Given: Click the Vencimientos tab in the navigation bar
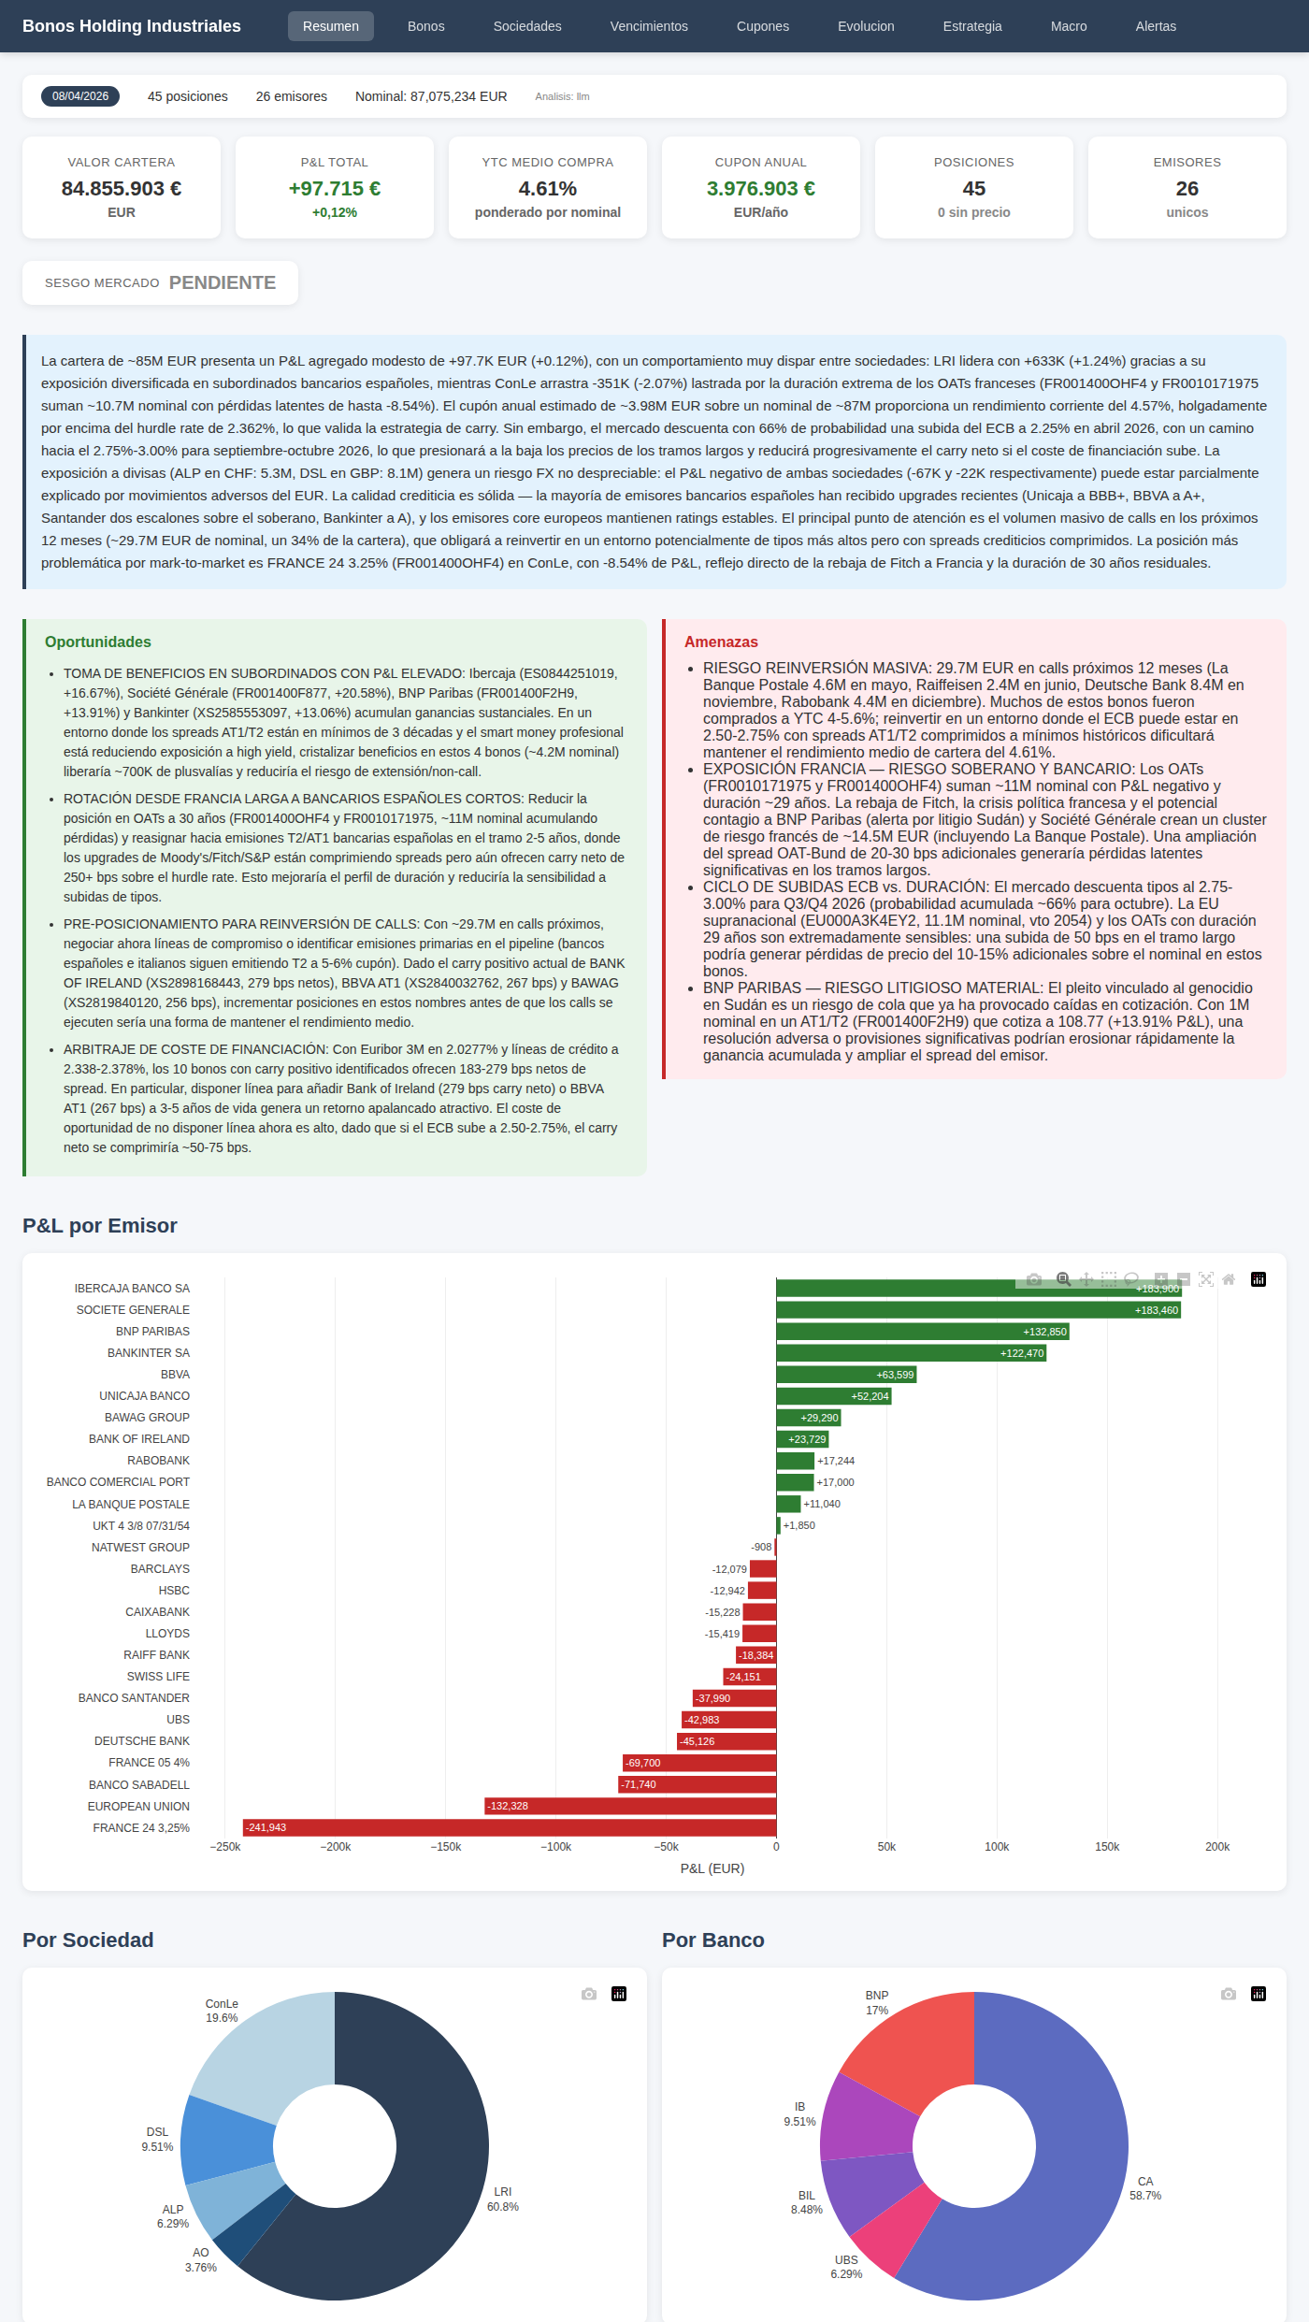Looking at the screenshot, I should (x=648, y=26).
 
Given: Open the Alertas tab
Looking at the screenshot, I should (x=1156, y=26).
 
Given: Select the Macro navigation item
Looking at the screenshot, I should (x=1068, y=26).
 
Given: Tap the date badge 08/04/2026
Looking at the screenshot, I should (x=80, y=96).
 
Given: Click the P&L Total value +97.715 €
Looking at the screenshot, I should (x=334, y=189).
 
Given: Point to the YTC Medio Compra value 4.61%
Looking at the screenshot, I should (x=547, y=189).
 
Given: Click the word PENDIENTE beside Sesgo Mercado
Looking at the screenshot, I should (x=223, y=282).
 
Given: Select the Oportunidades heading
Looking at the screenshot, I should (x=98, y=642).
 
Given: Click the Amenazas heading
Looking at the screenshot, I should (x=721, y=642).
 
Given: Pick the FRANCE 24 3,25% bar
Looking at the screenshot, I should (x=510, y=1827).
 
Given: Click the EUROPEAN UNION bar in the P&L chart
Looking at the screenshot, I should (x=630, y=1806).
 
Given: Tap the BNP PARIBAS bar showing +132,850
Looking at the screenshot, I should (x=922, y=1332).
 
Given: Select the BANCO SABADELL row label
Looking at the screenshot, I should (x=139, y=1784).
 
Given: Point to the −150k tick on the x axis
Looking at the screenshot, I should (x=446, y=1847).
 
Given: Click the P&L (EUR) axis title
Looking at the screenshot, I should (x=712, y=1868).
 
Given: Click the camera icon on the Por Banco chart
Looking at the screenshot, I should (x=1229, y=1994).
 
